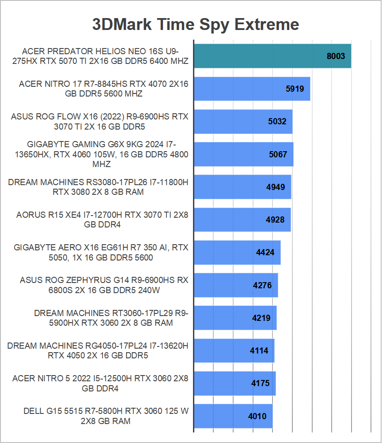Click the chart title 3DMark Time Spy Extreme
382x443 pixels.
195,24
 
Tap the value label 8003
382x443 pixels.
336,56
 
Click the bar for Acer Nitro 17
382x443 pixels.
252,89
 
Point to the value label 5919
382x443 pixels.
295,89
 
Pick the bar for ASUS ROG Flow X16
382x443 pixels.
243,122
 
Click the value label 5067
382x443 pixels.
278,154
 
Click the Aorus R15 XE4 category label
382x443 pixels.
102,220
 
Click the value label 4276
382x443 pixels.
262,285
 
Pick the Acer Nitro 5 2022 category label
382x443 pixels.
101,383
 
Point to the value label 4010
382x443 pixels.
257,416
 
